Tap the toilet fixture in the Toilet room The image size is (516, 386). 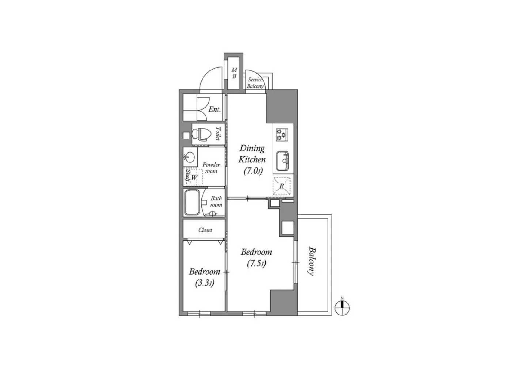point(203,134)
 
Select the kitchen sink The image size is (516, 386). point(282,161)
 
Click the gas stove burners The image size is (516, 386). point(282,134)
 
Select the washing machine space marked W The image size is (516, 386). point(195,177)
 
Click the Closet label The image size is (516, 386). point(205,230)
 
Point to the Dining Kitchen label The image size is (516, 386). point(252,154)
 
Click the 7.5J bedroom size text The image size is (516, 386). point(256,263)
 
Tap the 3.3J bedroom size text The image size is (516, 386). point(205,282)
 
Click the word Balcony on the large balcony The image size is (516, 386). point(311,261)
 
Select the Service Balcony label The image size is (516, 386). point(255,83)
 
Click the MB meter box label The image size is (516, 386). point(234,73)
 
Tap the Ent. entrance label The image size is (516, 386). point(215,109)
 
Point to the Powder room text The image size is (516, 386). point(211,168)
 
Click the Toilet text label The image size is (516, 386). point(218,134)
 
